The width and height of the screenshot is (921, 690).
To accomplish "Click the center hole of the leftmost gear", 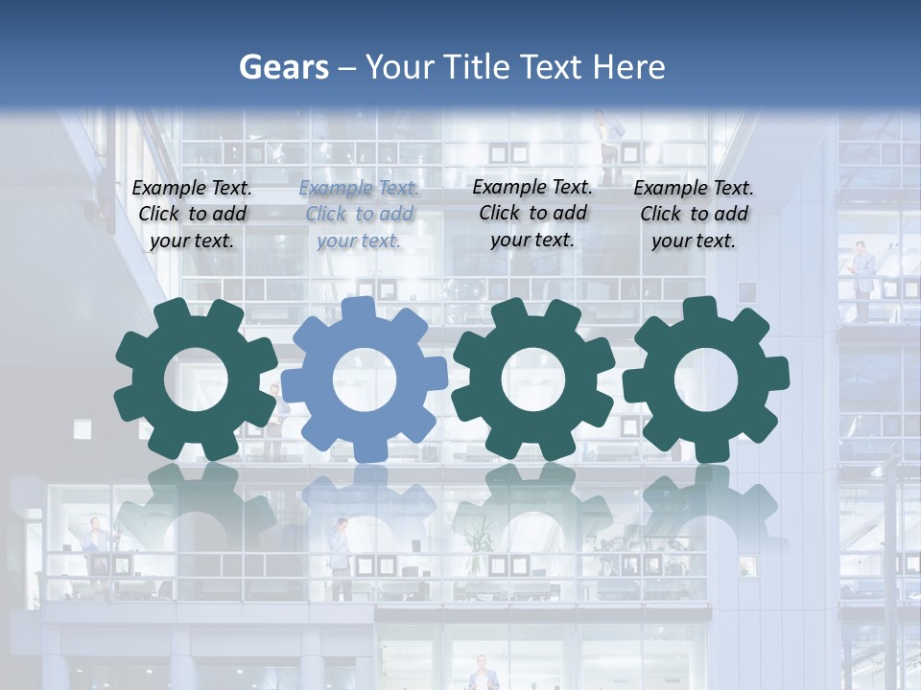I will [x=195, y=379].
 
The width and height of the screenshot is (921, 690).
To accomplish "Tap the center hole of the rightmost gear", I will [x=705, y=379].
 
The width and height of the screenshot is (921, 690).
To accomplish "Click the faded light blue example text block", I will [x=359, y=215].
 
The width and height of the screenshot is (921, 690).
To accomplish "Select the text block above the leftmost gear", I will [x=192, y=215].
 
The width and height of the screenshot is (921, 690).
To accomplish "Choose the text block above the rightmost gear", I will [x=694, y=215].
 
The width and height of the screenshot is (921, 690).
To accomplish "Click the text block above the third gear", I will [x=532, y=213].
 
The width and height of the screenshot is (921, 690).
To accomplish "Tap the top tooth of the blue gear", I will [x=358, y=309].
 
